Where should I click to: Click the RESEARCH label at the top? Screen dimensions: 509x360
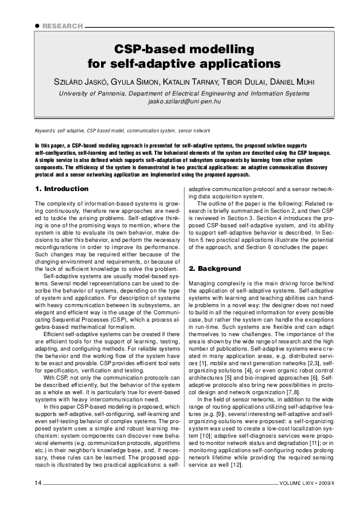[x=64, y=27]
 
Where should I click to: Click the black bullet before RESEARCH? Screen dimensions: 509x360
[x=38, y=27]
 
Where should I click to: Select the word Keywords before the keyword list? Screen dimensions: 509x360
[x=45, y=131]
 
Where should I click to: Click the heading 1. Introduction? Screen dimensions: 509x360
[x=62, y=189]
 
